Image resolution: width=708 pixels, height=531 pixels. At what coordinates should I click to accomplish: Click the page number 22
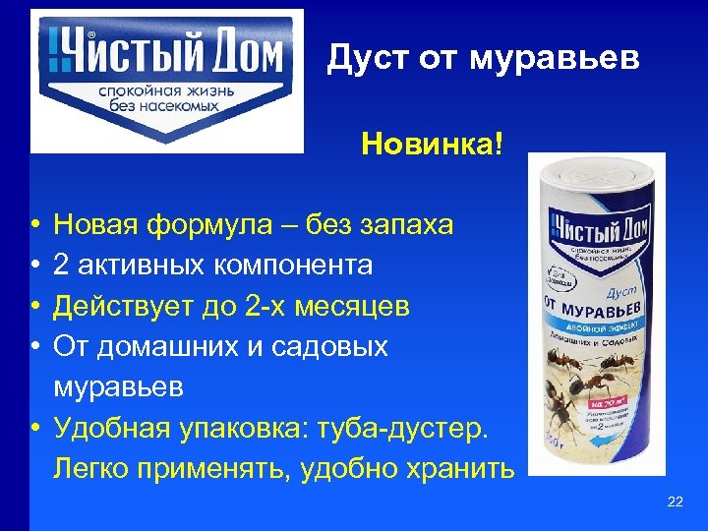[675, 502]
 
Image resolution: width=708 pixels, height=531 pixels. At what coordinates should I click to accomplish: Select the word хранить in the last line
[456, 468]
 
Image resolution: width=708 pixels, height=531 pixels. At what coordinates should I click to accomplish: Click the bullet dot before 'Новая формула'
[34, 226]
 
